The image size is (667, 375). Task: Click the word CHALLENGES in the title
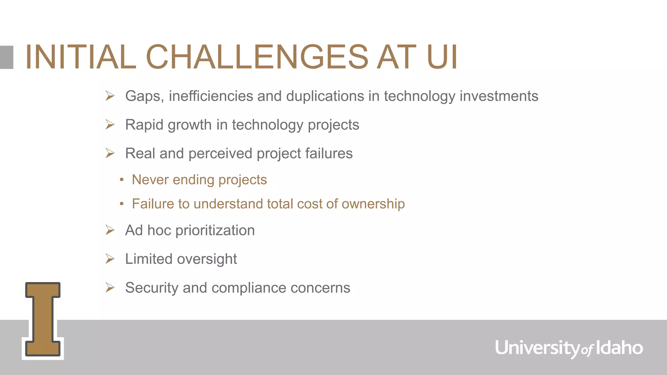pos(257,57)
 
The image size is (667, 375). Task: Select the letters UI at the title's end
pos(442,57)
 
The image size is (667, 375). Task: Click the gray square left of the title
pos(7,57)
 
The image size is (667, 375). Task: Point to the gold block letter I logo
pos(43,319)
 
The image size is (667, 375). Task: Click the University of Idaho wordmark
pos(569,348)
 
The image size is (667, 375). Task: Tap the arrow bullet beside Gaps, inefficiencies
pos(110,96)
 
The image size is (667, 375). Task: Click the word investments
pos(499,96)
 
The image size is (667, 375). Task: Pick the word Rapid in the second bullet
pos(144,125)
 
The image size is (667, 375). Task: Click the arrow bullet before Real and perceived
pos(110,153)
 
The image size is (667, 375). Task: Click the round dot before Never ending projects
pos(121,180)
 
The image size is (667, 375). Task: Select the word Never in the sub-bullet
pos(150,180)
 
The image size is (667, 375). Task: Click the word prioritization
pos(215,230)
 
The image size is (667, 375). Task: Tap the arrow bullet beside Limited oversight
pos(110,259)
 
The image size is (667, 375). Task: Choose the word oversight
pos(207,259)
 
